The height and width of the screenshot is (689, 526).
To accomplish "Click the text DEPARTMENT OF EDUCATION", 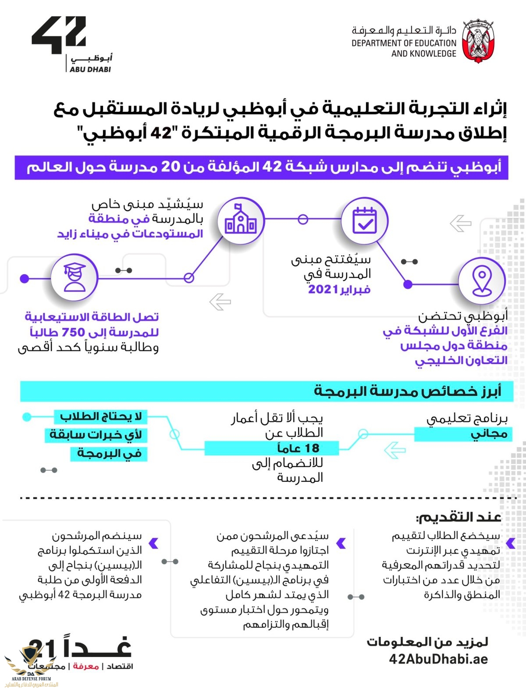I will coord(404,43).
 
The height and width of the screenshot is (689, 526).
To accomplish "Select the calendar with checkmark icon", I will coord(365,220).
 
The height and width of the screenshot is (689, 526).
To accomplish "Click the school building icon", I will coord(240,220).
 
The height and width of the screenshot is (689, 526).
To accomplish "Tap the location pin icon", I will coord(482,282).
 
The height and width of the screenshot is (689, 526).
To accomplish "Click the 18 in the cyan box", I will coord(312,448).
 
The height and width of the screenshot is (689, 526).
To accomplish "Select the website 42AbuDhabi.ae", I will coord(438,659).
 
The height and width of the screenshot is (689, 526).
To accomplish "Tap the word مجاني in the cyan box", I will coord(489,434).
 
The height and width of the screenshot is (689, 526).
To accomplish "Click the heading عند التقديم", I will coord(458,517).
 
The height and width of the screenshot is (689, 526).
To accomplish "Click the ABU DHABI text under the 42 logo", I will coord(90,69).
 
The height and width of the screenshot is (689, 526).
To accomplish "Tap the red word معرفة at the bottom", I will coord(85,666).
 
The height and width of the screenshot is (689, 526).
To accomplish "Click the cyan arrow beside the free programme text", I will coord(394,450).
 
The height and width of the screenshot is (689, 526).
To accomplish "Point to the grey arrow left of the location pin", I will coord(460,223).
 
